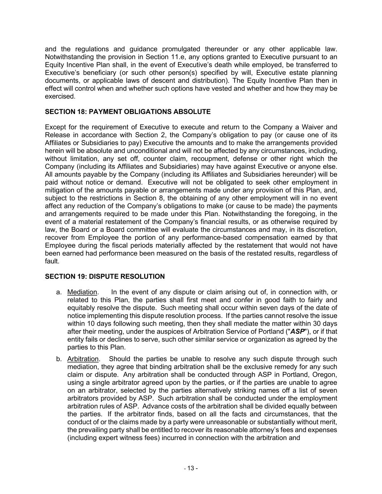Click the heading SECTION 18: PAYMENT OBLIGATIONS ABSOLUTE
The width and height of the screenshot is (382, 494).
pyautogui.click(x=127, y=112)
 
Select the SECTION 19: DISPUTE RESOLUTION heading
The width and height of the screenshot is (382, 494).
pyautogui.click(x=105, y=276)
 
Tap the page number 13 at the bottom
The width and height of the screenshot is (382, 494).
pyautogui.click(x=190, y=468)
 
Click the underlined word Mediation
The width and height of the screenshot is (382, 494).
pyautogui.click(x=82, y=292)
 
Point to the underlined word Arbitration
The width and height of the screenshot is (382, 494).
pyautogui.click(x=83, y=359)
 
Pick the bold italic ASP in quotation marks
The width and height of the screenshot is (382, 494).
pyautogui.click(x=298, y=332)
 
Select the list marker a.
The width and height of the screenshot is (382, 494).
pyautogui.click(x=59, y=292)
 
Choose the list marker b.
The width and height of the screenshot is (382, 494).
pyautogui.click(x=59, y=359)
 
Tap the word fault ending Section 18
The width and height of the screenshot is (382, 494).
pyautogui.click(x=52, y=261)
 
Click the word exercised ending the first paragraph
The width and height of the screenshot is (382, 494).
pyautogui.click(x=60, y=97)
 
